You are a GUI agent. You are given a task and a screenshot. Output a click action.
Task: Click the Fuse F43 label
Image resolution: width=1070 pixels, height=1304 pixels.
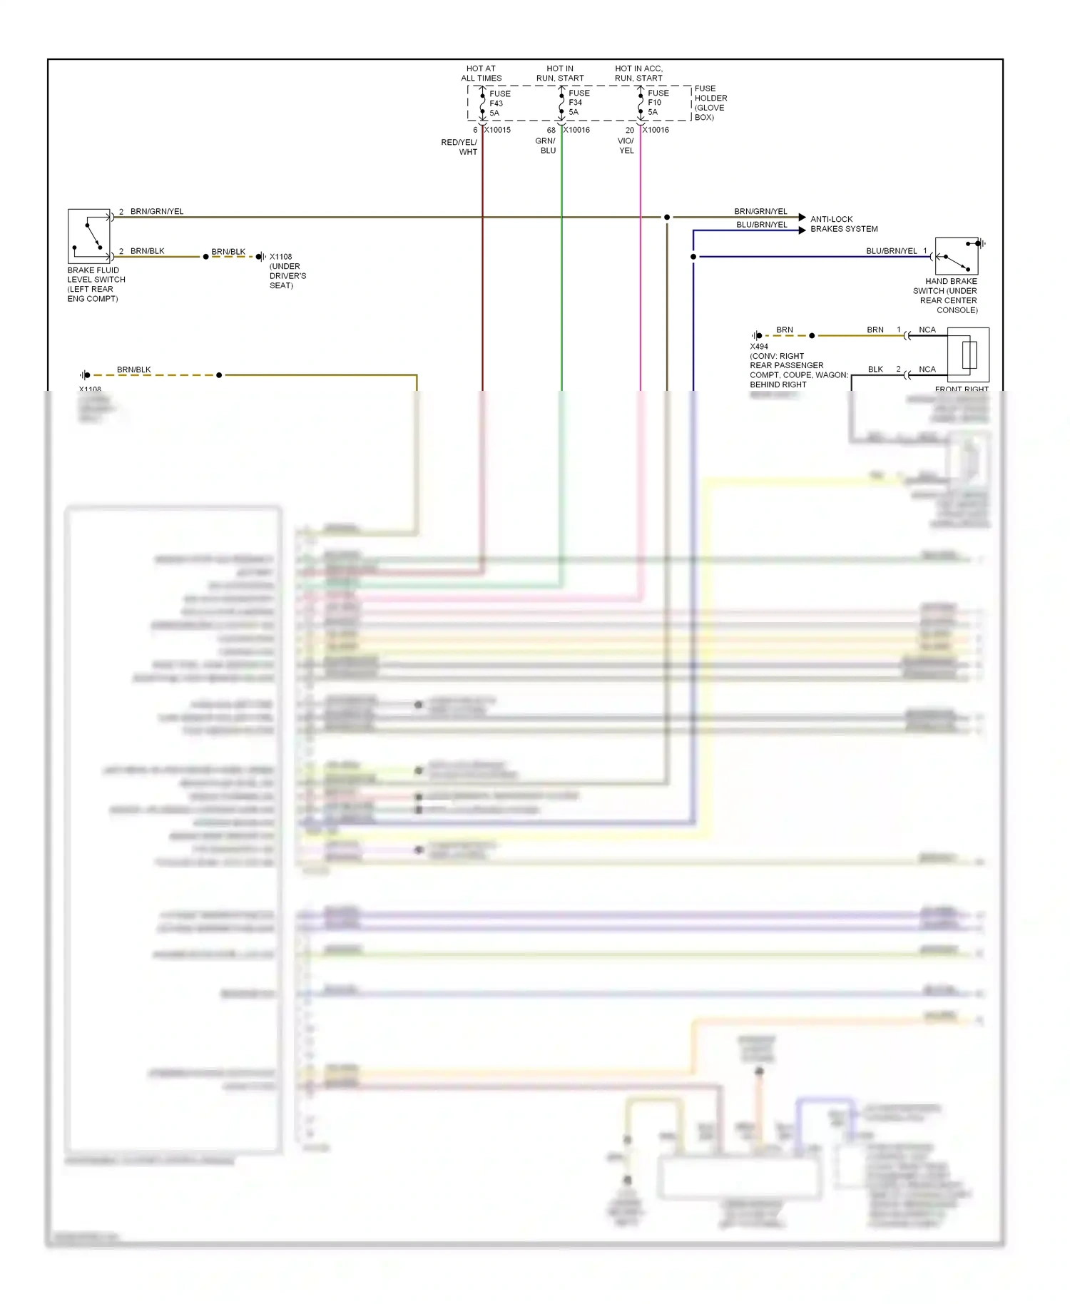(x=499, y=103)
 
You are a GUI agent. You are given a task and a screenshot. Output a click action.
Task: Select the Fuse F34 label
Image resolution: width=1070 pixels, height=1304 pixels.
(x=578, y=103)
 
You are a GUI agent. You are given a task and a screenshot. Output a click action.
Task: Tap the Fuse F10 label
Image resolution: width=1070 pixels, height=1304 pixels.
(x=657, y=103)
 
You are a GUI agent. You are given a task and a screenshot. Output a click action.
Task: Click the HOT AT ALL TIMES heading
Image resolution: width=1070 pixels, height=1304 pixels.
(x=481, y=73)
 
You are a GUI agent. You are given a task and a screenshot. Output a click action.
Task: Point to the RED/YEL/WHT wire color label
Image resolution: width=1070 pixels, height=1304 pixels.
(x=459, y=147)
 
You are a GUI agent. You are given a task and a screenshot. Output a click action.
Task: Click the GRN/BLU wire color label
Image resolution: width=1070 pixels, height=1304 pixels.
(x=546, y=146)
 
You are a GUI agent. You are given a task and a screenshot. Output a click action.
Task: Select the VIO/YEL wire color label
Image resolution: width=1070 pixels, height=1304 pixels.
(x=626, y=146)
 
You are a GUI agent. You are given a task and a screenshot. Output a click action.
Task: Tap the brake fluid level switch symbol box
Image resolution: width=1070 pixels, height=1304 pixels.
(x=89, y=236)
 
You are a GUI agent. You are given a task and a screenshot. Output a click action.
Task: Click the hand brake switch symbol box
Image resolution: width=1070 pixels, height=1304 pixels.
(x=956, y=256)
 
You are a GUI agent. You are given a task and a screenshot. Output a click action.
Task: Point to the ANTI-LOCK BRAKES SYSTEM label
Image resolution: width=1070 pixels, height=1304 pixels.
(x=843, y=224)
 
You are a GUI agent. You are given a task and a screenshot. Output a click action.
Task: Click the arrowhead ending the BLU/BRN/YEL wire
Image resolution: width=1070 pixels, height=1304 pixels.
(x=802, y=230)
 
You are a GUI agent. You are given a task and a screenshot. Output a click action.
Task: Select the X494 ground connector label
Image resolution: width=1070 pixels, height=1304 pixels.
(x=759, y=347)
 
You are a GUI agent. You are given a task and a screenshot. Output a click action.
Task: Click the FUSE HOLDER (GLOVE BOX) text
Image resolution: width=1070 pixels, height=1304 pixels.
(x=710, y=103)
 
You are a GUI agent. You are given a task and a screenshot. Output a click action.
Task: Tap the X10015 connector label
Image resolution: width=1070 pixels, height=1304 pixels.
(x=498, y=130)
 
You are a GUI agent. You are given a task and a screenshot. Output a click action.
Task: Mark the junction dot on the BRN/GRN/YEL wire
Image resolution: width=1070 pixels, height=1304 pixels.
(x=667, y=217)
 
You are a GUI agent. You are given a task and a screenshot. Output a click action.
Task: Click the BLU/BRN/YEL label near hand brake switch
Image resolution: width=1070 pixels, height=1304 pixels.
(x=891, y=251)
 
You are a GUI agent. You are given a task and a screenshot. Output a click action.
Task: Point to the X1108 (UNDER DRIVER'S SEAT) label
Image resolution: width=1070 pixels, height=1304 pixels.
(x=287, y=271)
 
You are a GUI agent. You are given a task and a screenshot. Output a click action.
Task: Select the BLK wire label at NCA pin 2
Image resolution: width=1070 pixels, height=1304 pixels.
(x=875, y=370)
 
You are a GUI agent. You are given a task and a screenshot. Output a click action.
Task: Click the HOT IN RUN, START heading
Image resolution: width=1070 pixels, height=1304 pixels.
(x=560, y=73)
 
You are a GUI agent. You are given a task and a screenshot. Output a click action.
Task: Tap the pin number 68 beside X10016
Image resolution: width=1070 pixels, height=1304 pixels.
(x=551, y=131)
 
